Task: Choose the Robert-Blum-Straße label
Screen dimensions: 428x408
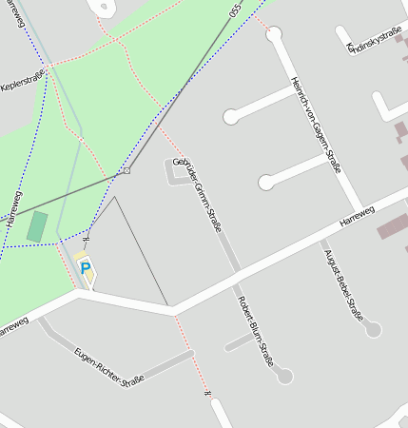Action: coord(255,330)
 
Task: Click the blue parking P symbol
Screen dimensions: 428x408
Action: coord(86,269)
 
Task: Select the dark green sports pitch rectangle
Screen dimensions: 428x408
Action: coord(37,226)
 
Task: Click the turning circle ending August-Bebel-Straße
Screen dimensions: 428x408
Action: coord(373,329)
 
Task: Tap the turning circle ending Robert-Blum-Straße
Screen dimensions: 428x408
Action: coord(284,377)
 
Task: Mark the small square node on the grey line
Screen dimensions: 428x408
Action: coord(126,171)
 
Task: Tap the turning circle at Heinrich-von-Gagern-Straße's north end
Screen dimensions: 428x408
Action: coord(274,34)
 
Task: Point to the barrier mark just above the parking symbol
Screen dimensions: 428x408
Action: coord(86,240)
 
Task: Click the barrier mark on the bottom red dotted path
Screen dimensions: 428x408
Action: coord(206,392)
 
